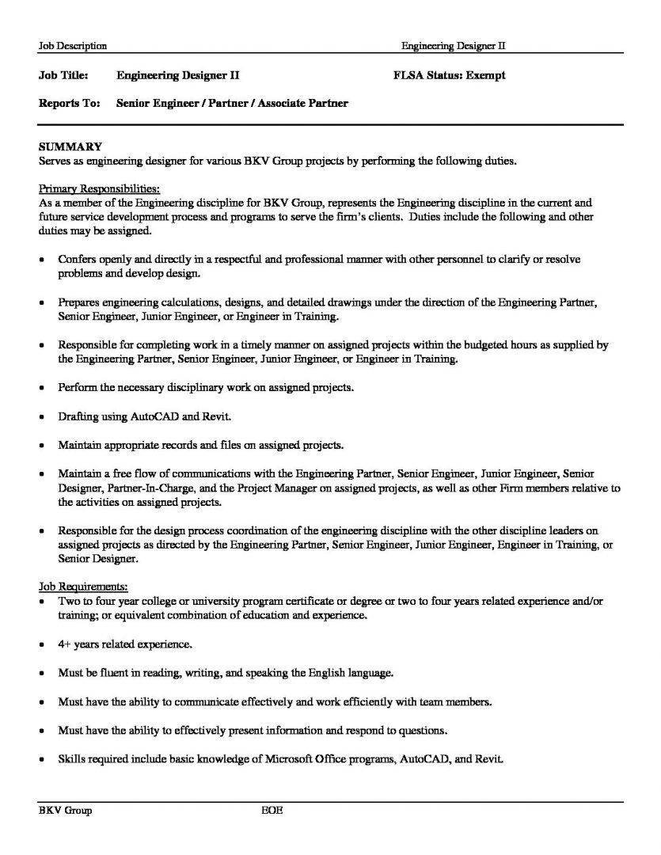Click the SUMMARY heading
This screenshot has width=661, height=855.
[70, 146]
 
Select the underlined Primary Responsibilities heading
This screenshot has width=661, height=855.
[99, 189]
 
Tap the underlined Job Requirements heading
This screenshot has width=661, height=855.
[83, 587]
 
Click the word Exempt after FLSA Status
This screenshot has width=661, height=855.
[485, 76]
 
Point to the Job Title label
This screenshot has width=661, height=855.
[63, 76]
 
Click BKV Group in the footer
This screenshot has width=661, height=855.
[66, 811]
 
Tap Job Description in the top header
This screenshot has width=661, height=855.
[73, 46]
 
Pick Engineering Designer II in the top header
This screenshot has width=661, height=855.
[453, 46]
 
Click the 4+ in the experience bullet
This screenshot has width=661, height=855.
[66, 644]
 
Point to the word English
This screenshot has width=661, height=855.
[324, 673]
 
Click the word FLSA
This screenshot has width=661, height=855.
[409, 76]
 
